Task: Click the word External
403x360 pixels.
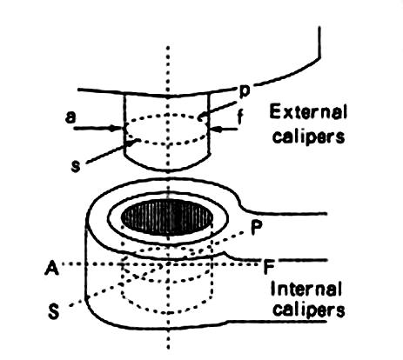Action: click(x=308, y=112)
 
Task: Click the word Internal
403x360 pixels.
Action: click(x=306, y=289)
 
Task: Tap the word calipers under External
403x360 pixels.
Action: click(x=309, y=136)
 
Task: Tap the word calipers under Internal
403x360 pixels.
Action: click(x=309, y=310)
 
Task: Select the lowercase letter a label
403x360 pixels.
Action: click(x=71, y=117)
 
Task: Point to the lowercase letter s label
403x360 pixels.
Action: click(x=76, y=167)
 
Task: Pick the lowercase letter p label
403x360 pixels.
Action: click(x=245, y=91)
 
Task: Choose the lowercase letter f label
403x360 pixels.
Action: click(x=240, y=117)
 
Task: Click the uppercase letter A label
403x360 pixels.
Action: click(x=52, y=268)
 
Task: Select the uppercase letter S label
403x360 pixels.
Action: click(x=54, y=312)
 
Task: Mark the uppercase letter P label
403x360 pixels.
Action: click(x=257, y=228)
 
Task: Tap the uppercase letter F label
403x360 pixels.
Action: click(x=269, y=267)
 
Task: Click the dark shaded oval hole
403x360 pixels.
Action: click(x=167, y=217)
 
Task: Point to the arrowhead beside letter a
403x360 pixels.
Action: click(x=118, y=128)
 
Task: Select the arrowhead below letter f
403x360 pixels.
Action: click(x=215, y=129)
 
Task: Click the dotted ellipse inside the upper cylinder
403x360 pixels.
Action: click(x=167, y=115)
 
